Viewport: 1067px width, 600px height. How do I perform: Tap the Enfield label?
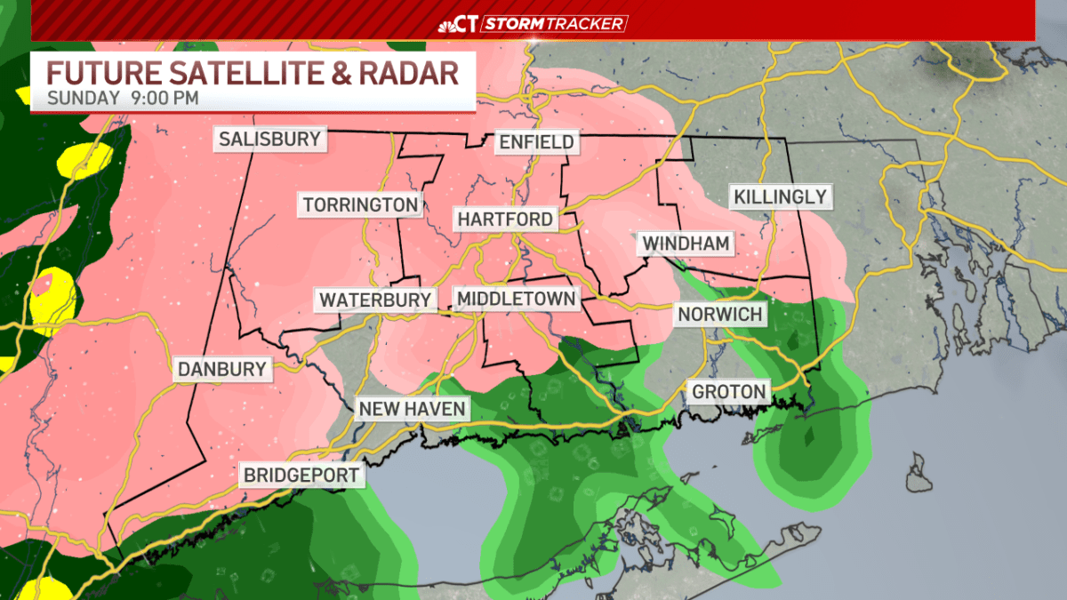coord(536,141)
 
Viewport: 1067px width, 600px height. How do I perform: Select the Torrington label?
coord(360,204)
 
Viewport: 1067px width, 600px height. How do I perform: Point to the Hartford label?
coord(505,219)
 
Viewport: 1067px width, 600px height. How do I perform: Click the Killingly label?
coord(780,196)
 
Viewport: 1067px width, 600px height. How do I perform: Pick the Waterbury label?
coord(375,300)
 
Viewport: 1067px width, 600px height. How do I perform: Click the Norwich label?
coord(719,314)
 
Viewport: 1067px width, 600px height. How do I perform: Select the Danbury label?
coord(222,369)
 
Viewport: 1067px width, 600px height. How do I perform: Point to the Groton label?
coord(728,391)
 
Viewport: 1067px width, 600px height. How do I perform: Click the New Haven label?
coord(412,409)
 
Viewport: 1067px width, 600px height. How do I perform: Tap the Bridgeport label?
coord(303,475)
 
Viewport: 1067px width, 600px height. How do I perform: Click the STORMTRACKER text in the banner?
coord(554,24)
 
